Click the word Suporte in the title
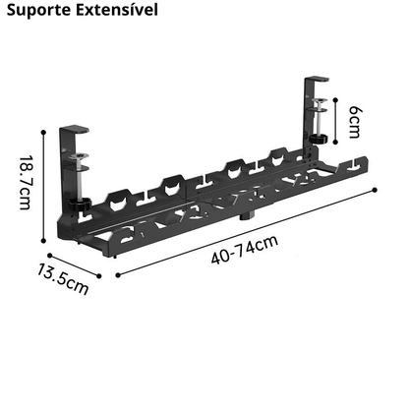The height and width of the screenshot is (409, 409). click(x=38, y=10)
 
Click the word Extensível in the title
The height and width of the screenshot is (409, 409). click(x=117, y=9)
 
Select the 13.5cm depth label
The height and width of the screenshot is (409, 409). click(x=62, y=279)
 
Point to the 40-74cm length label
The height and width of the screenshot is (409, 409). click(x=245, y=250)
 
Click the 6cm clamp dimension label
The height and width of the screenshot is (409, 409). click(x=355, y=122)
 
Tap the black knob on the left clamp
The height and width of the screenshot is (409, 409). click(x=80, y=205)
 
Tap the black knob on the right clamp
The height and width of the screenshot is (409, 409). click(x=319, y=138)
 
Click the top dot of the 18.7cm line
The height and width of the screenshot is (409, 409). click(x=43, y=132)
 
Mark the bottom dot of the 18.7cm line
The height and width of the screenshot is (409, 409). click(x=43, y=241)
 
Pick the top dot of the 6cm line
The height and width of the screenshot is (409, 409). click(x=335, y=99)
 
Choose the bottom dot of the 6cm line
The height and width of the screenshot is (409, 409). click(x=335, y=142)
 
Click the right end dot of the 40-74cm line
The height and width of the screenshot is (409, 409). click(x=375, y=190)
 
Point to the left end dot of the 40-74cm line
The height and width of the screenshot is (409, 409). click(x=118, y=275)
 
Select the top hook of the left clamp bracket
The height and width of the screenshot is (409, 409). click(x=74, y=129)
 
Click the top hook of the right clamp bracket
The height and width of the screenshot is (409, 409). click(x=317, y=80)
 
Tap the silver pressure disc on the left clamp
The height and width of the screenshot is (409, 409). click(x=79, y=156)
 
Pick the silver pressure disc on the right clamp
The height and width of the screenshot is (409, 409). click(x=319, y=100)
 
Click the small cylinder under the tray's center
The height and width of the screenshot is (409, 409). click(x=244, y=216)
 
